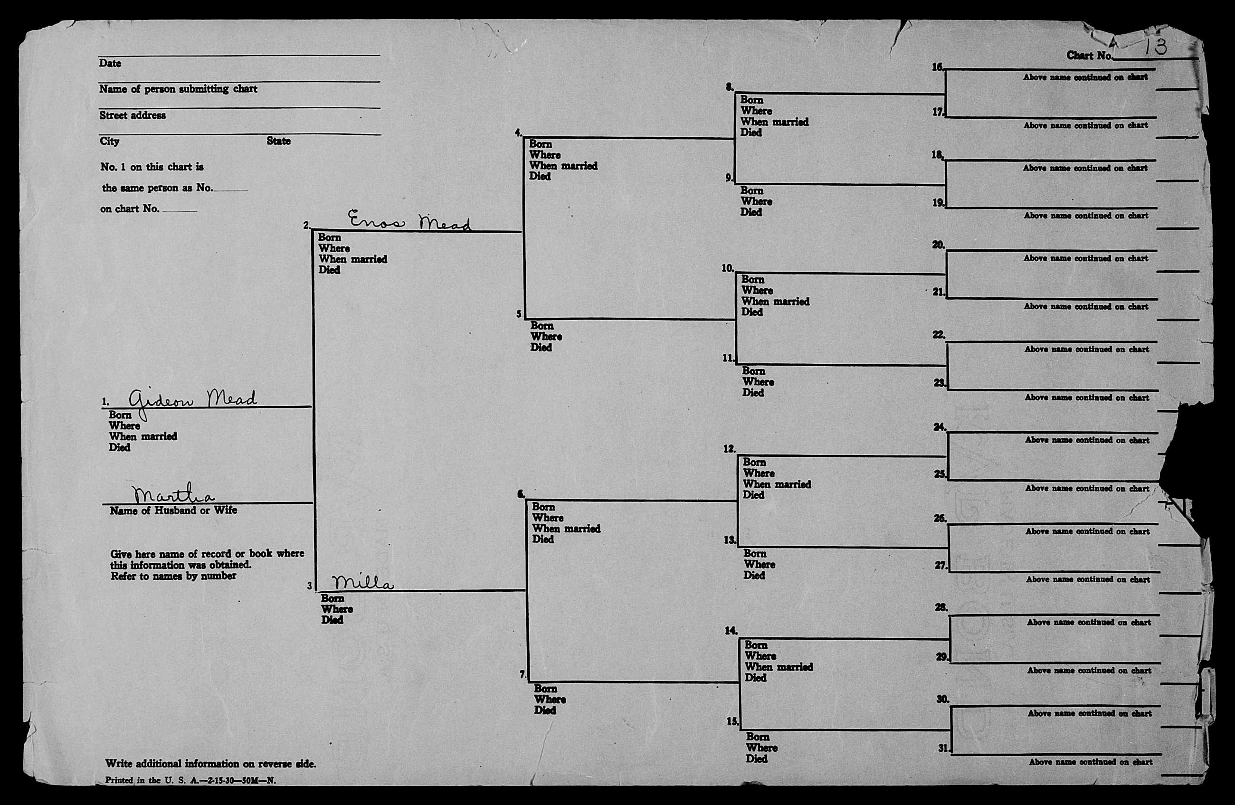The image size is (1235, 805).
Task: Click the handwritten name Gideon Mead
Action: [192, 399]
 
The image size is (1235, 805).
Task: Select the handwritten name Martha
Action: [173, 494]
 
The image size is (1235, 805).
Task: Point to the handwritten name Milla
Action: [363, 583]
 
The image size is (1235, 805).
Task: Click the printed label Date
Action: [110, 63]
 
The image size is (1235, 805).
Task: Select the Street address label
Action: [133, 115]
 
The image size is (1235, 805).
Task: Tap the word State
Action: [279, 141]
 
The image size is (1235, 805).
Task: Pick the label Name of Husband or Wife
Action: [173, 511]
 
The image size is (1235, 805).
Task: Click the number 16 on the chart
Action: [938, 67]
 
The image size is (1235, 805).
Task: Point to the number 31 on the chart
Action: [943, 748]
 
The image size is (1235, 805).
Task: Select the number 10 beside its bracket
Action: [728, 268]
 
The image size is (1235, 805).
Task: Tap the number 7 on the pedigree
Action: [522, 674]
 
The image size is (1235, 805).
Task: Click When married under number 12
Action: [777, 484]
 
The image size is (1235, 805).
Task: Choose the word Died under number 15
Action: [757, 759]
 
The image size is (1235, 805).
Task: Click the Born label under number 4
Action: [540, 144]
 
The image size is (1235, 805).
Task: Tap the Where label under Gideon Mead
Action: [124, 426]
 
